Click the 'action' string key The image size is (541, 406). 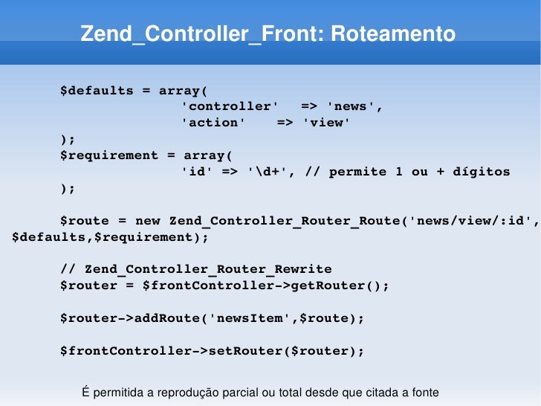click(214, 123)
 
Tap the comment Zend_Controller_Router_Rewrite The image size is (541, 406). click(208, 269)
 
